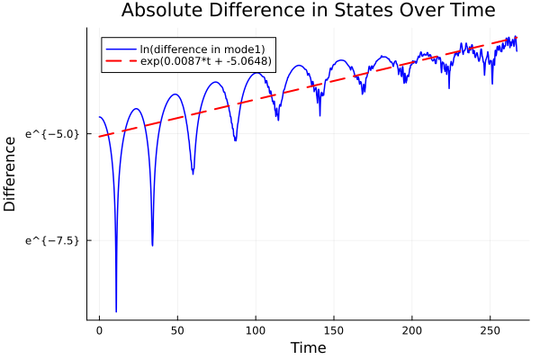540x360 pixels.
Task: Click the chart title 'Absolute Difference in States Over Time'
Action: click(x=308, y=11)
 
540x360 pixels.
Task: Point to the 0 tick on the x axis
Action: click(x=100, y=330)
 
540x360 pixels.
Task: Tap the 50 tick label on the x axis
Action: click(x=177, y=330)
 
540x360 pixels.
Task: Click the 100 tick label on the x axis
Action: click(x=256, y=330)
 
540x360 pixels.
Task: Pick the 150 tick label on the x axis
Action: click(x=334, y=330)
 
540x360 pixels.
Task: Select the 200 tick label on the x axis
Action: click(x=412, y=330)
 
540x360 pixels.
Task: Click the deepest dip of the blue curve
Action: click(x=116, y=310)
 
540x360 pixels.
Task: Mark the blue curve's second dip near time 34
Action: click(x=152, y=244)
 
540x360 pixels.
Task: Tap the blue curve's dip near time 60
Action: click(x=193, y=173)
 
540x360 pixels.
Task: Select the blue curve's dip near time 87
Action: click(x=235, y=140)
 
